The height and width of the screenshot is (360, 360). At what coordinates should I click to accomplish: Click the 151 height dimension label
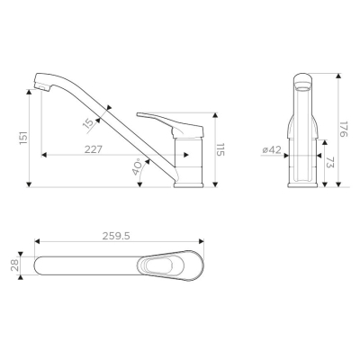(23, 138)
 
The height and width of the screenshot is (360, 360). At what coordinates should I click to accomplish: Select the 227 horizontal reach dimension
(94, 149)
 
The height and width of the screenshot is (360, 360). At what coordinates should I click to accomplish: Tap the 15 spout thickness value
(88, 123)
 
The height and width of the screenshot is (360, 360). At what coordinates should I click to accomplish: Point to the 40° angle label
(137, 166)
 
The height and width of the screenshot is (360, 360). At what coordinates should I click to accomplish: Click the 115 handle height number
(220, 149)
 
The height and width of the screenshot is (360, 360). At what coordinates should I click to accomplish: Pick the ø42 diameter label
(272, 150)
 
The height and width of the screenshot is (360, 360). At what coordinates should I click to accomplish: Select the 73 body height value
(329, 162)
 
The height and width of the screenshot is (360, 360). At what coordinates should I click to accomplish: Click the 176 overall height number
(344, 129)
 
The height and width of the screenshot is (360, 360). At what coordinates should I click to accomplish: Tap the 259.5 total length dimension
(116, 236)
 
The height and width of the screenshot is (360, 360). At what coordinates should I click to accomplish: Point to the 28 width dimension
(15, 265)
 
